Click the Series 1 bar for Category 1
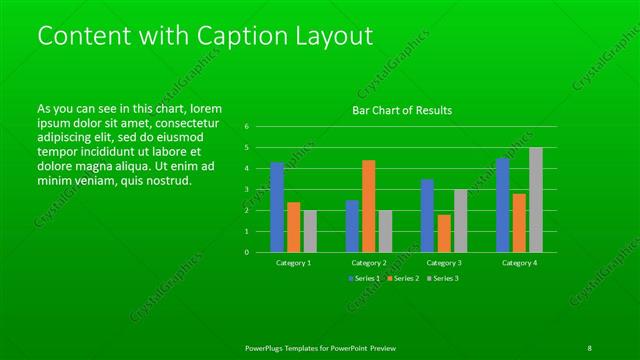(277, 207)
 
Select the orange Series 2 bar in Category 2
(369, 206)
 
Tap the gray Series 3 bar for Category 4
(536, 200)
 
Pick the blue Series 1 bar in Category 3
(427, 215)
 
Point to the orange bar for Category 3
(444, 233)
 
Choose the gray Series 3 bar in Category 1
(310, 231)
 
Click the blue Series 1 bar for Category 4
(503, 205)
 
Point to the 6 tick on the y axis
(246, 127)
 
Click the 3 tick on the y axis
(246, 189)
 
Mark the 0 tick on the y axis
(246, 252)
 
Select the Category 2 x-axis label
(369, 262)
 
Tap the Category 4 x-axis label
(519, 262)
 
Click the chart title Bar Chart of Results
(403, 110)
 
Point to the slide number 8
(589, 346)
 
